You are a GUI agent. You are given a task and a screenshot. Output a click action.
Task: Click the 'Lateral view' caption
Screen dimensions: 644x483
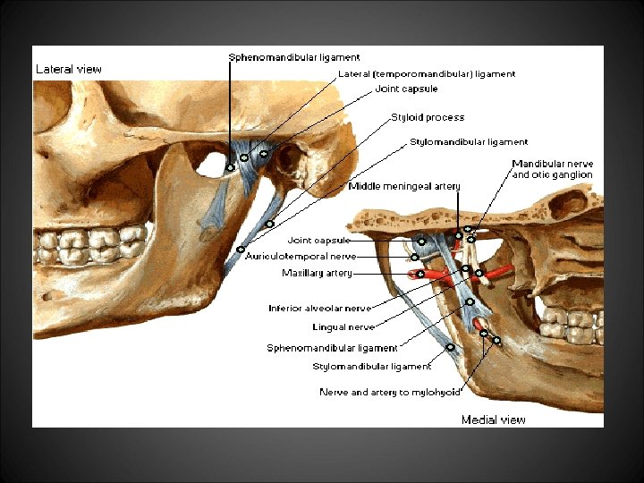point(68,69)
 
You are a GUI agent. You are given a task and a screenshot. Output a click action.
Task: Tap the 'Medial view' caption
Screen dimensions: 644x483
point(493,419)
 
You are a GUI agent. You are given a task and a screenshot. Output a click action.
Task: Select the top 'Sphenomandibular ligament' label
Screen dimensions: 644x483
point(294,57)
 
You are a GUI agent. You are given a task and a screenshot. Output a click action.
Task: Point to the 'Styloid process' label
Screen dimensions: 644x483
point(428,117)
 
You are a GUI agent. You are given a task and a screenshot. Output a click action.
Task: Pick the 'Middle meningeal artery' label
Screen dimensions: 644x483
point(404,186)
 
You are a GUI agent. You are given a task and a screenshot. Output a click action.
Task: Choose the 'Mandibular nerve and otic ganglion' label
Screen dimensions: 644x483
point(552,170)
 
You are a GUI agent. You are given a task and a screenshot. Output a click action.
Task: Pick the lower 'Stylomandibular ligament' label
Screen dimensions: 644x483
point(371,366)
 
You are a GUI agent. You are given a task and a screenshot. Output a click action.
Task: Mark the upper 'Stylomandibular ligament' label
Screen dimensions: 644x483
point(469,141)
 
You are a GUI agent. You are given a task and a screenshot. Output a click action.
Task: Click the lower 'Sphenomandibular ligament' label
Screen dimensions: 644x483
point(332,348)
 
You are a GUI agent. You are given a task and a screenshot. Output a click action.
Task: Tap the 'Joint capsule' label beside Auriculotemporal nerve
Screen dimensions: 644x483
point(318,240)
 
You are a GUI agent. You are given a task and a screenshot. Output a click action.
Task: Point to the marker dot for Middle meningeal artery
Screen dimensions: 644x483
point(458,236)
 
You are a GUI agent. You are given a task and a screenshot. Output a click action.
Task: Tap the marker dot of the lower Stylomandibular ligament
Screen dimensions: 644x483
point(450,346)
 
